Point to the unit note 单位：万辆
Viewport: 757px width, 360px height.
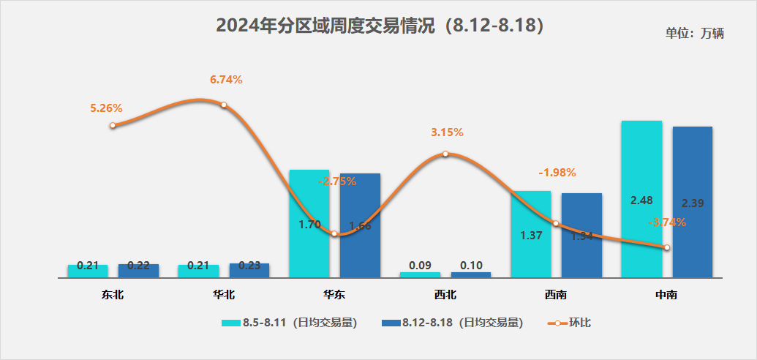coord(694,34)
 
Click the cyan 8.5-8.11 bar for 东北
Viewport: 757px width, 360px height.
coord(88,271)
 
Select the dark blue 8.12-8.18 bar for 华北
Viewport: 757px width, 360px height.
coord(249,270)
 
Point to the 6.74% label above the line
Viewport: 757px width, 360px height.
coord(226,80)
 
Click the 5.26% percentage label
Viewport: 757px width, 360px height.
coord(106,108)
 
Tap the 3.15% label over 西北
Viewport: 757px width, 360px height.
coord(447,132)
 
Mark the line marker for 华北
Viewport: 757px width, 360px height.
coord(224,105)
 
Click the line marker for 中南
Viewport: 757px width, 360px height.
coord(667,247)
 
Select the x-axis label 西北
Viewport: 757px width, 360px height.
coord(445,296)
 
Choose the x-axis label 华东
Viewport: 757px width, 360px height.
coord(334,296)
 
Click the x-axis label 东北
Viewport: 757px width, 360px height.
coord(113,296)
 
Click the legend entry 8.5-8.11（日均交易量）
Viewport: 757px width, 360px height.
coord(289,322)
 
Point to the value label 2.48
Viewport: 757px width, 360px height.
coord(641,200)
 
